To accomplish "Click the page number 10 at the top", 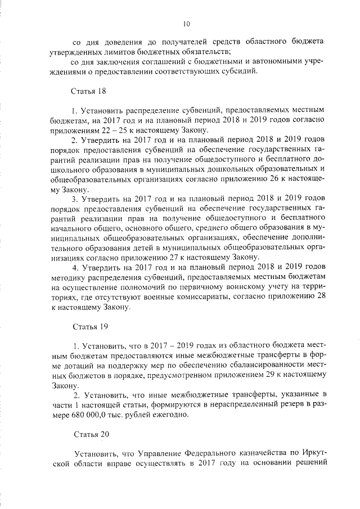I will coord(187,23).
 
